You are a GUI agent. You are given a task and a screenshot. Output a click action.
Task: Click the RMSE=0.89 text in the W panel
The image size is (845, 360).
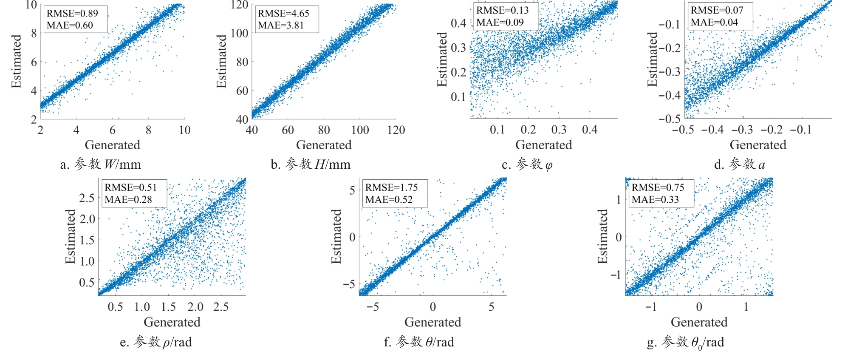click(x=72, y=13)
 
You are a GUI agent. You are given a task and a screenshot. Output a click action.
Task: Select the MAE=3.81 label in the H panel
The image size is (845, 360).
click(x=281, y=25)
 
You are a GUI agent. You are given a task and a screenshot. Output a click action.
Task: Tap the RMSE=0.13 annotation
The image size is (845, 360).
click(x=503, y=10)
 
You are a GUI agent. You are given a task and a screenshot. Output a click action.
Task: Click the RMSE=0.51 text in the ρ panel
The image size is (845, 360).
click(x=131, y=187)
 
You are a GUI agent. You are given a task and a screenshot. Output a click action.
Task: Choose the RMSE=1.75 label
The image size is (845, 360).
click(x=392, y=187)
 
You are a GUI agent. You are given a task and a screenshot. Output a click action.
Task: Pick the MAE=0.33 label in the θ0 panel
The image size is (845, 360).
click(x=655, y=199)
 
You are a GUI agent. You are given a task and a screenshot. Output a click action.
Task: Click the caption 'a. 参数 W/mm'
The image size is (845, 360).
click(x=100, y=164)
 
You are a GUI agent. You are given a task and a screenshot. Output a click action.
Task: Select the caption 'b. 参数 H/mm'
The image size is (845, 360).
click(x=311, y=164)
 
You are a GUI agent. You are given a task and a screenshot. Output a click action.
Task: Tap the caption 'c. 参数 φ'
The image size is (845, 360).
click(x=527, y=164)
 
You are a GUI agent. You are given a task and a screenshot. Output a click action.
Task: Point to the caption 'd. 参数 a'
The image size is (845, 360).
click(x=739, y=164)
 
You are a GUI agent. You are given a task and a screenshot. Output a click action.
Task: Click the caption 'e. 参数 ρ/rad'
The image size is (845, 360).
click(x=155, y=342)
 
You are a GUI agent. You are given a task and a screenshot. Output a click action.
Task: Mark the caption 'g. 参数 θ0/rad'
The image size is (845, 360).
click(x=685, y=342)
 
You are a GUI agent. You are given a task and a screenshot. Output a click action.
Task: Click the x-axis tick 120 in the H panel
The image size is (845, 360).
click(x=396, y=130)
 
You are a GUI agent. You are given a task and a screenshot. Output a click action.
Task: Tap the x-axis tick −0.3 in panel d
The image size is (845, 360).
click(x=742, y=130)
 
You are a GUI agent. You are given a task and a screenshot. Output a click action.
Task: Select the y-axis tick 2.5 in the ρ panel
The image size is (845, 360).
click(x=87, y=198)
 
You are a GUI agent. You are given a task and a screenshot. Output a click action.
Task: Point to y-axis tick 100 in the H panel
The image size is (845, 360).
click(x=239, y=33)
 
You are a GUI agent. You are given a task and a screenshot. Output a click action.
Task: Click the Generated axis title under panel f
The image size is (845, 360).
click(x=432, y=322)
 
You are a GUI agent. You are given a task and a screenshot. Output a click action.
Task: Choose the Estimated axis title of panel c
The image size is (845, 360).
click(x=442, y=60)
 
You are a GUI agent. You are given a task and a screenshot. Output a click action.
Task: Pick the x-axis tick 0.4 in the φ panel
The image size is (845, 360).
click(x=590, y=130)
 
